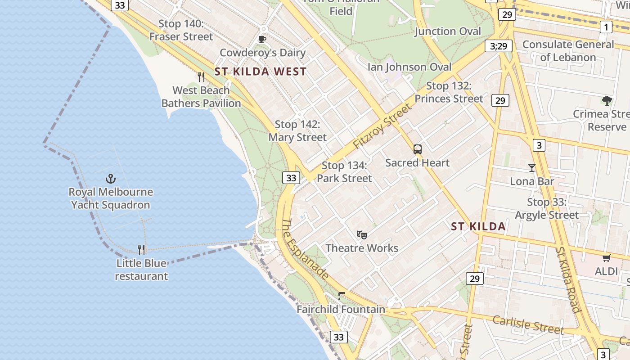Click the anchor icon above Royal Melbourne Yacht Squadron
[111, 179]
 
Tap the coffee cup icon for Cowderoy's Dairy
[262, 40]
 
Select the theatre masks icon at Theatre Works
[361, 234]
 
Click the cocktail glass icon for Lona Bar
[532, 168]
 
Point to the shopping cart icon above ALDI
[606, 258]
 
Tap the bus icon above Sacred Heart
[418, 149]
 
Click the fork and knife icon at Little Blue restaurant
[141, 249]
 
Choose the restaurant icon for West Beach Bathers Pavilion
[201, 77]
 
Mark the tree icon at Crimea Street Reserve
[607, 100]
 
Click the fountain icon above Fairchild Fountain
[341, 296]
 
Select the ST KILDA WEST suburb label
[260, 72]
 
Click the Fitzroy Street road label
[382, 126]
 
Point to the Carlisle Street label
[527, 325]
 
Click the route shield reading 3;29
[499, 46]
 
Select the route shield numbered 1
[606, 27]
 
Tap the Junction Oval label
[448, 31]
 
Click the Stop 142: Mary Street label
[297, 130]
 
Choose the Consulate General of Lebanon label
[568, 51]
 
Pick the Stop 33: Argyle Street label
[546, 209]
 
